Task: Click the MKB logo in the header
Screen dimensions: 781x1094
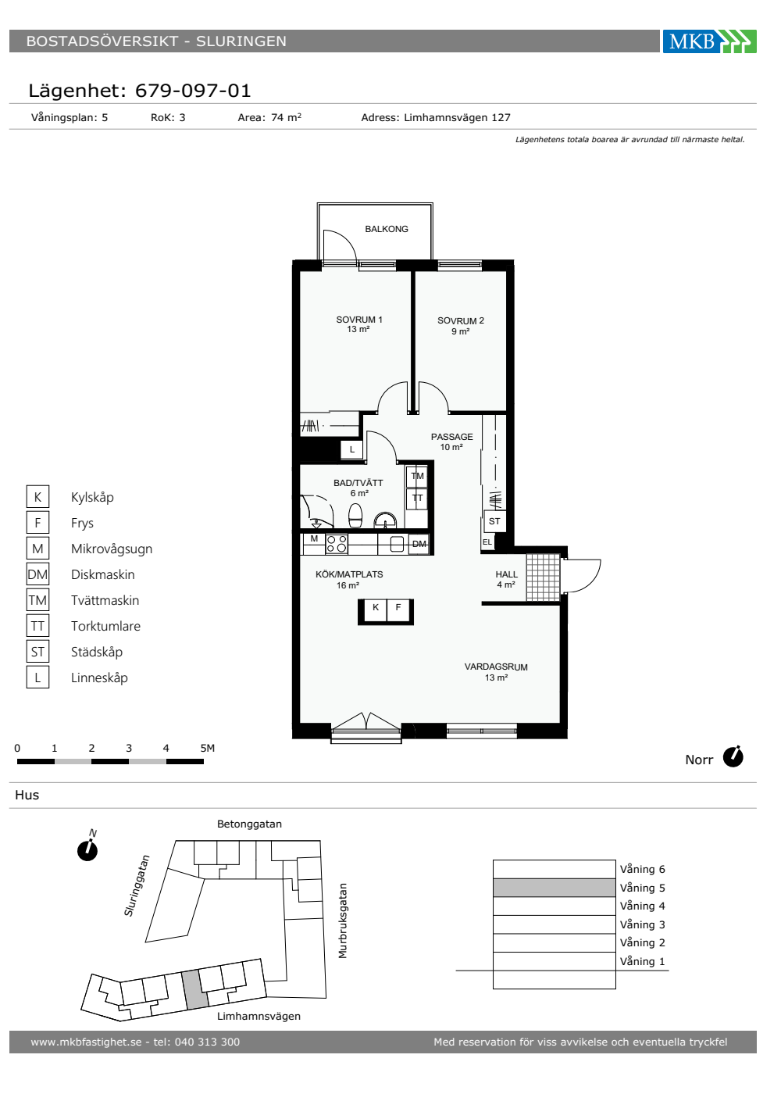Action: [x=709, y=41]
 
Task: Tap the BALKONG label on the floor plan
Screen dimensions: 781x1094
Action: [x=386, y=229]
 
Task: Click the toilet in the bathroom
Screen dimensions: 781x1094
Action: [x=355, y=516]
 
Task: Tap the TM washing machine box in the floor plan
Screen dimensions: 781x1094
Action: [x=417, y=476]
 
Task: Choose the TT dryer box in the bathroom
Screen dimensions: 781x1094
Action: [x=417, y=499]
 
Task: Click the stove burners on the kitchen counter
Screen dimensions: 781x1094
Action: [x=337, y=544]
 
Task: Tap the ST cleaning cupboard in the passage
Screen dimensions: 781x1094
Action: [x=494, y=521]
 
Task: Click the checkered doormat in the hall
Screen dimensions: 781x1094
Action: [x=543, y=577]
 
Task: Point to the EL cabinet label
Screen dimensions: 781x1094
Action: [x=487, y=542]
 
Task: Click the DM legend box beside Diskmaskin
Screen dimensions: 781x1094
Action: [x=37, y=574]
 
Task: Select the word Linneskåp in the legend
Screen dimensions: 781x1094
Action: [x=100, y=678]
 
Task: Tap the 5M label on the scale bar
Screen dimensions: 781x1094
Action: [x=208, y=749]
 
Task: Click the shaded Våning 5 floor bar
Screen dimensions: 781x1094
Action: [x=554, y=888]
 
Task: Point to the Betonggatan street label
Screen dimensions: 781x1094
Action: [x=249, y=824]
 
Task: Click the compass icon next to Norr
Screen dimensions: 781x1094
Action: [x=733, y=757]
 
